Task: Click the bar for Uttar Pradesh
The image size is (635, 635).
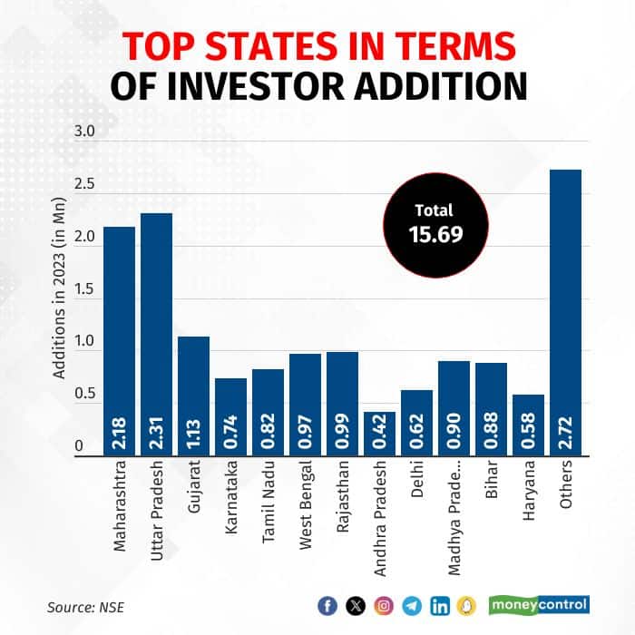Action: pos(156,336)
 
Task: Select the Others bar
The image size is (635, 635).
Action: pos(565,313)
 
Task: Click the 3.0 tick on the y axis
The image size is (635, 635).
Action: pos(84,132)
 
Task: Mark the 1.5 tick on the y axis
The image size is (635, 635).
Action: pos(84,288)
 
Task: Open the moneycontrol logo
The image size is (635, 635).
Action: pos(539,604)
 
